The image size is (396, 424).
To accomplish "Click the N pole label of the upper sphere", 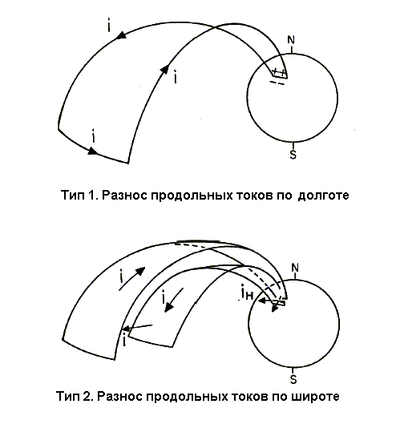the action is pos(291,40).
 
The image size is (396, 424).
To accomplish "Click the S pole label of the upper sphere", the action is pos(293,155).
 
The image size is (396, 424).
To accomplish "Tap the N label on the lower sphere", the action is pos(295,268).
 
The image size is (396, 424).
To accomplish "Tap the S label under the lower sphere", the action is pos(293,379).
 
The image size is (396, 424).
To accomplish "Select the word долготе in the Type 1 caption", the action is pos(323,195).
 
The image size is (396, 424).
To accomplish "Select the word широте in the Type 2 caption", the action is pos(316,397).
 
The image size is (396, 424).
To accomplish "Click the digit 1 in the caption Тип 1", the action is pos(92,195).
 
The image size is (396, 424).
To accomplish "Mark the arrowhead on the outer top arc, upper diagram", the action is pos(122,36).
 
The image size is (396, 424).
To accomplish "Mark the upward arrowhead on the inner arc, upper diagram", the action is pos(164,69).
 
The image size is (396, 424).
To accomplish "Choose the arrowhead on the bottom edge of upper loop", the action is pos(93,151).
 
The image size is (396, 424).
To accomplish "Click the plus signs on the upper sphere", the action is pos(279,72).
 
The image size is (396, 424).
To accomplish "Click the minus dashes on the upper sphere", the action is pos(277,83).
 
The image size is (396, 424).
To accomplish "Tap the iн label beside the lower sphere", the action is pos(247,293).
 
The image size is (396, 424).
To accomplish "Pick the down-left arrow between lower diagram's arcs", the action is pos(174,300).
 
